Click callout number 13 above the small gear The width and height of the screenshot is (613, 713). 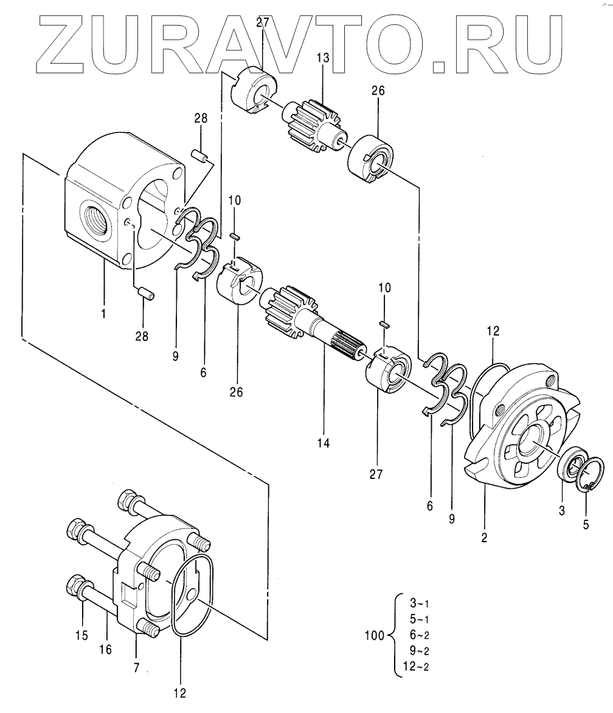[322, 58]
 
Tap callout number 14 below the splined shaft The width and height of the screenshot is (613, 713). [323, 444]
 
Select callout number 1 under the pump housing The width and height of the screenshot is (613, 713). [103, 314]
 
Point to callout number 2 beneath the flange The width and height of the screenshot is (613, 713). [484, 537]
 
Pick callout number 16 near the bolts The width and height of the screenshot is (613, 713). [105, 650]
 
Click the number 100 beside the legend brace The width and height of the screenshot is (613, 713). [374, 636]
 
